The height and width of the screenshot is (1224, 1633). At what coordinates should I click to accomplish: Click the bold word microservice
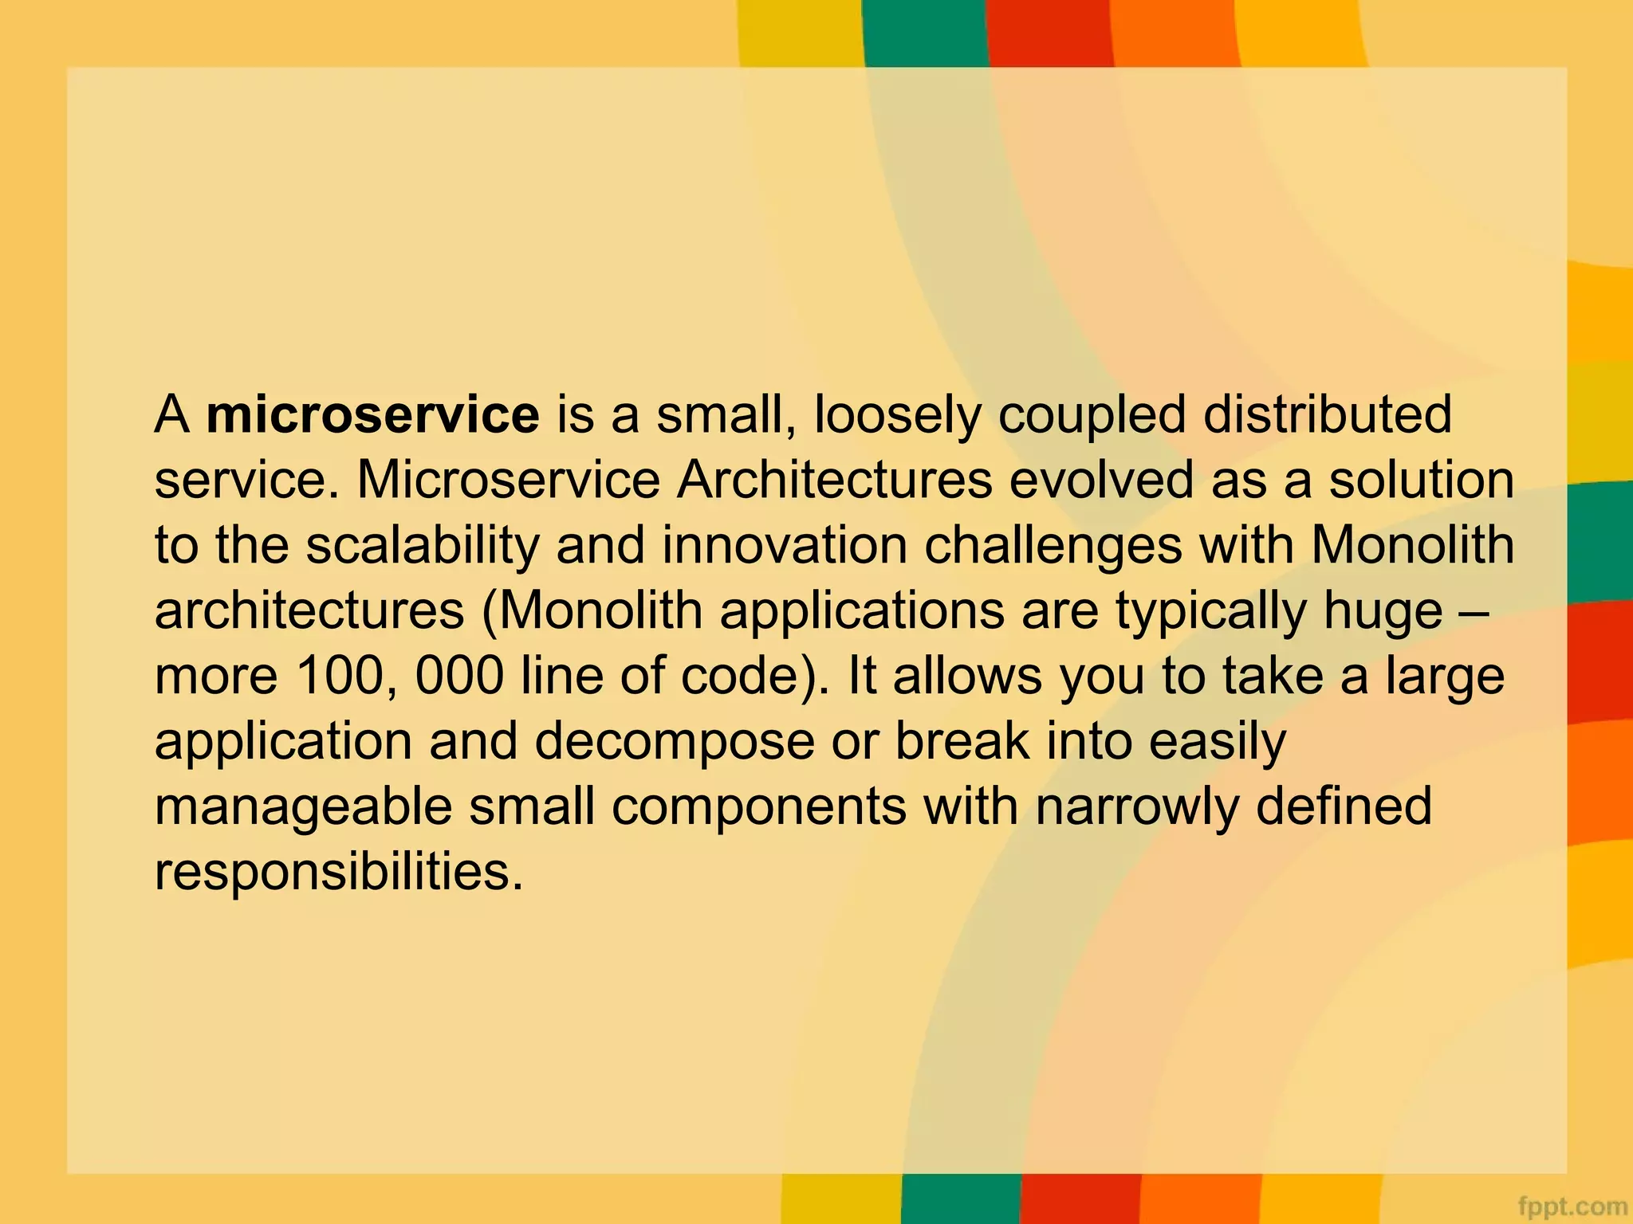(372, 415)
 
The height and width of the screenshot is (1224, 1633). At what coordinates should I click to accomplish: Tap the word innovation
(785, 546)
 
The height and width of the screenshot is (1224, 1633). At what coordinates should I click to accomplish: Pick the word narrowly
(1137, 807)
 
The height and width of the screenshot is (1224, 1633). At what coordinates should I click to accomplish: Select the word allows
(967, 677)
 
